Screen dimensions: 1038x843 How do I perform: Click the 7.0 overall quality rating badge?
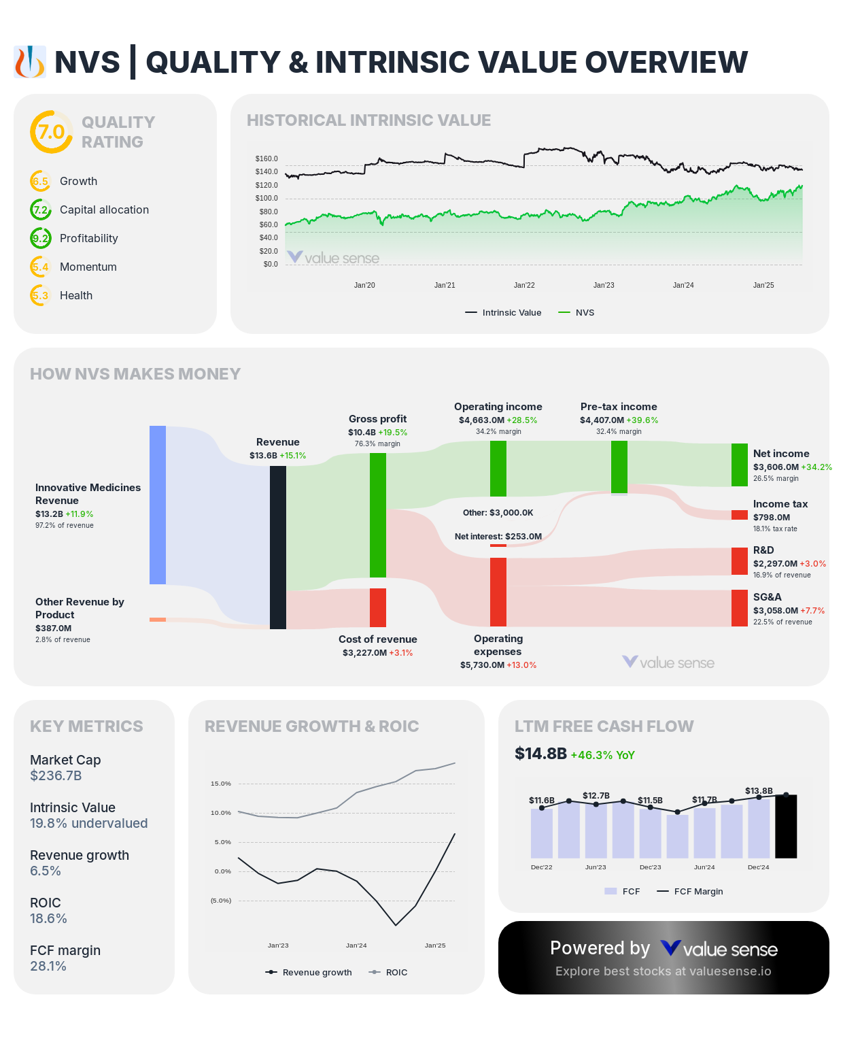pos(51,132)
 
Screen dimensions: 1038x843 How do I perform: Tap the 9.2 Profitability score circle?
pos(41,239)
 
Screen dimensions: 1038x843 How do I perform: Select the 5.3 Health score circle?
pos(41,296)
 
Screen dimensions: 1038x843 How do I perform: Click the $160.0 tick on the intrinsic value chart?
pos(266,158)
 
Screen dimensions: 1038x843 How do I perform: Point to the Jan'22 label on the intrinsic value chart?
pos(524,285)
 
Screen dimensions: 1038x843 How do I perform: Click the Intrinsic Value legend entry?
pos(504,313)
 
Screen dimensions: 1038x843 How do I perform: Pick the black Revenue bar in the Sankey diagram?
pos(278,547)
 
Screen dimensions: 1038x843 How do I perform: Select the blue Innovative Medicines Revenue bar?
pos(158,505)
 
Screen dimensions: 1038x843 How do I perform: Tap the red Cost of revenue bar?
pos(378,607)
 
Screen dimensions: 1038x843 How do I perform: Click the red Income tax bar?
pos(740,515)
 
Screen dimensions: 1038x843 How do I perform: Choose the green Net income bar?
pos(740,465)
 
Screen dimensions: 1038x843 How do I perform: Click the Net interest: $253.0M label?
pos(498,537)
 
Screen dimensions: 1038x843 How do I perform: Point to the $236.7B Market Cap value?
pos(56,776)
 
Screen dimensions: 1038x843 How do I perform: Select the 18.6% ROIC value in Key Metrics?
pos(48,919)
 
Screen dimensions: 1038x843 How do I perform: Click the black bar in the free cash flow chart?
pos(786,826)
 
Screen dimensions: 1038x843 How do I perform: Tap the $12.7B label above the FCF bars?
pos(596,796)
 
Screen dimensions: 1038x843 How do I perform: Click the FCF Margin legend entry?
pos(690,892)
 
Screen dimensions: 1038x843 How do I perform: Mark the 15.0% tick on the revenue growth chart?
pos(221,784)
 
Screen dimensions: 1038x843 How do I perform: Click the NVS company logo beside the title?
pos(30,63)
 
